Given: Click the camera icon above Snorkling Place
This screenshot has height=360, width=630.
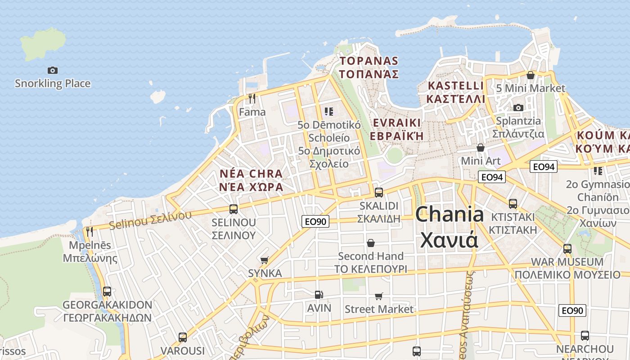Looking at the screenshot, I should tap(53, 70).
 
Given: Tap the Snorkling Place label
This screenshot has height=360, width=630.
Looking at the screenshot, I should tap(53, 83).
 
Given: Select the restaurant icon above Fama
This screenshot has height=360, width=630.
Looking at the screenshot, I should tap(252, 98).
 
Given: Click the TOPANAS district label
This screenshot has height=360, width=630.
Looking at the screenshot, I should tap(369, 67).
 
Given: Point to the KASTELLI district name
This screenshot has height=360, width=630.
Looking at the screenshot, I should tap(456, 92).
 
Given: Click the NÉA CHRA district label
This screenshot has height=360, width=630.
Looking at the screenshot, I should tap(251, 180).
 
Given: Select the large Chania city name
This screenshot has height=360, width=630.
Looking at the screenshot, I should tap(449, 227).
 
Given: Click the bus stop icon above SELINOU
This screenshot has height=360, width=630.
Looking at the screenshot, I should tap(234, 209).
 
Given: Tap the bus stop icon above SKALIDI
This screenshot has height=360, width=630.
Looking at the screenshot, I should tap(379, 193).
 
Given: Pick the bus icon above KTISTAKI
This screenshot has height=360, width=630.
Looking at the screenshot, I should tap(513, 203).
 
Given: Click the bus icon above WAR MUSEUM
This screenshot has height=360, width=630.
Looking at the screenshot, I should tap(567, 248).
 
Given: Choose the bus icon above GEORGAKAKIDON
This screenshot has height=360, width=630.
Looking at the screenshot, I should tap(107, 291).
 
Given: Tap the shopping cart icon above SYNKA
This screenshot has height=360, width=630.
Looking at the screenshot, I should tap(265, 260).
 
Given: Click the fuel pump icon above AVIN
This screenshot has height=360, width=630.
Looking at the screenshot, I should tap(319, 295).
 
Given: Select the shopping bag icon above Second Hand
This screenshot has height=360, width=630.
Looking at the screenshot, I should tap(371, 243).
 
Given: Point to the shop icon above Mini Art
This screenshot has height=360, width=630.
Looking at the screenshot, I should tap(481, 148).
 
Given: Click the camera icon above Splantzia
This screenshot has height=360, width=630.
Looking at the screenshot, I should tap(518, 108).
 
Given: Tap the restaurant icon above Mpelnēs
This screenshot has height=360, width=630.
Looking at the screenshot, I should tap(90, 232).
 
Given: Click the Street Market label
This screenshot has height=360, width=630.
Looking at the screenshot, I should tap(379, 309).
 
